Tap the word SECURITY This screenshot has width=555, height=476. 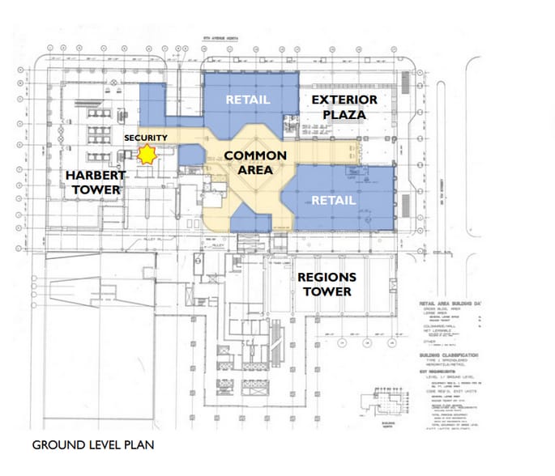tap(146, 138)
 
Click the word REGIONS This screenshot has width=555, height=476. tap(327, 277)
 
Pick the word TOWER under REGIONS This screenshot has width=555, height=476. tap(327, 291)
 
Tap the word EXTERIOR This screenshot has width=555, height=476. tap(345, 100)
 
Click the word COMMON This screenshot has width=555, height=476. tap(255, 155)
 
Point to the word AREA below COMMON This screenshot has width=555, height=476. tap(255, 170)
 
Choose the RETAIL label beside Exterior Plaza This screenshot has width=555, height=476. tap(248, 100)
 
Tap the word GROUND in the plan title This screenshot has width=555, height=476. tap(56, 444)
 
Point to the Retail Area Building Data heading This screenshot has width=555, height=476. tap(453, 304)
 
